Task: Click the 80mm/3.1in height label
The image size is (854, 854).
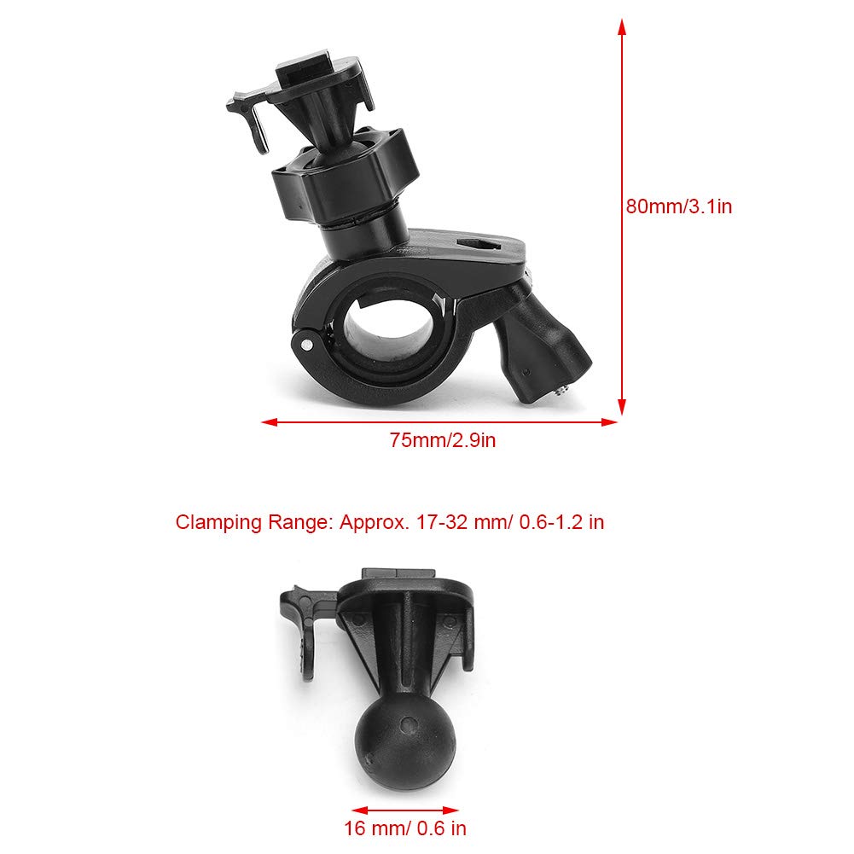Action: point(678,206)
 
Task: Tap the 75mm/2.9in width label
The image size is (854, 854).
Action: point(442,440)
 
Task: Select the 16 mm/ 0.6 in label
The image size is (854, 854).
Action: point(404,828)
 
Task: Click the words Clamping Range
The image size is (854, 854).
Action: point(253,522)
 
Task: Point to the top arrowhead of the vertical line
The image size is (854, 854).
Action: point(621,27)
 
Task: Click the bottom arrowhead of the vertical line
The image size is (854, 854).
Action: point(621,406)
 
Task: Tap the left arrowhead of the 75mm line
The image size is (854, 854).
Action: point(270,422)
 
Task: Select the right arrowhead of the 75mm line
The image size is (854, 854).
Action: point(609,422)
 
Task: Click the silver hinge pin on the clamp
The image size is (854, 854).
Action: point(307,344)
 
